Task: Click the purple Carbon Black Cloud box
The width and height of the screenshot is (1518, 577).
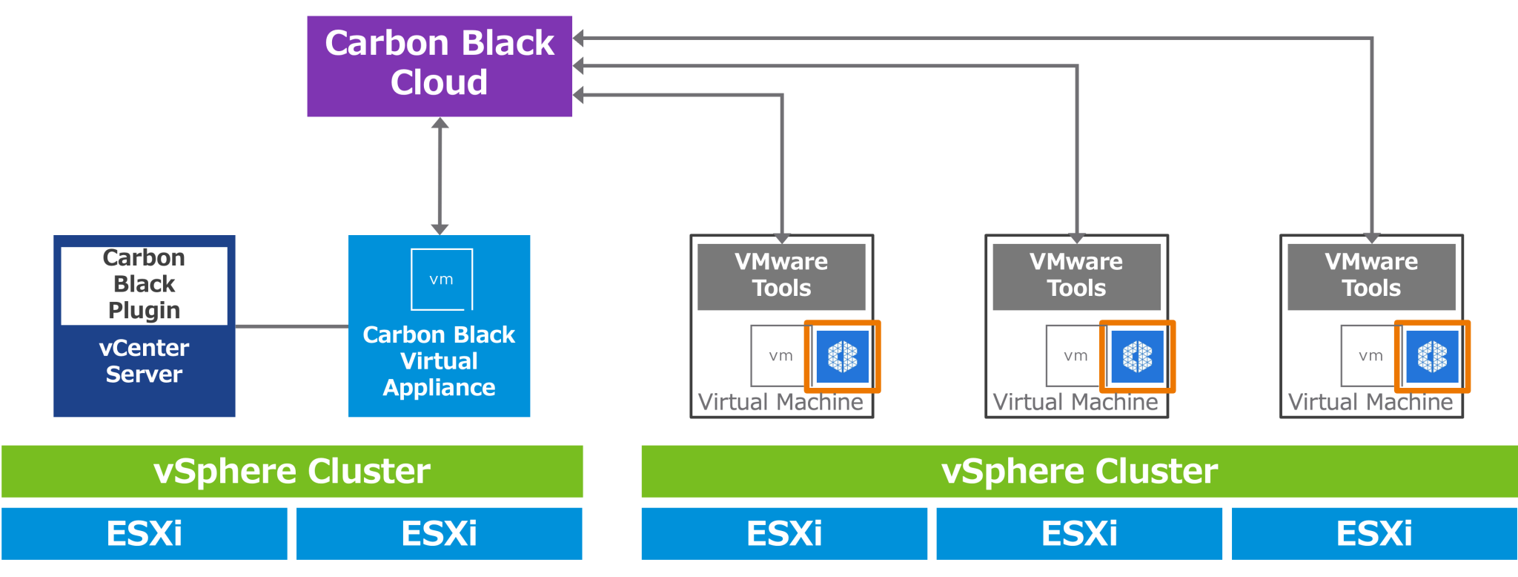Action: (440, 66)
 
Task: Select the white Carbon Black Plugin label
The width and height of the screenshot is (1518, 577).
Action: (144, 285)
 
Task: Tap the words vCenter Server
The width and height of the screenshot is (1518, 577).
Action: (144, 361)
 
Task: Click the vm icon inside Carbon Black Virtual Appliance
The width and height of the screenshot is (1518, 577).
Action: (442, 280)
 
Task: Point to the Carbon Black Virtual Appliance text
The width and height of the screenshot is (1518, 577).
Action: (439, 361)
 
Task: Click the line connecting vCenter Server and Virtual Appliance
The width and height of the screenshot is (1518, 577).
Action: (292, 326)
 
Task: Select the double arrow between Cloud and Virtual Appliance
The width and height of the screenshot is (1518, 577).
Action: (440, 176)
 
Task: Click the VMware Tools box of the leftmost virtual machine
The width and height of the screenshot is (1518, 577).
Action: (781, 276)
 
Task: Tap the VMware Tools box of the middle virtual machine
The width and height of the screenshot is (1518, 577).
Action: (1076, 276)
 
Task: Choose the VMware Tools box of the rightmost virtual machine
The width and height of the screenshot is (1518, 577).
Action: (1371, 276)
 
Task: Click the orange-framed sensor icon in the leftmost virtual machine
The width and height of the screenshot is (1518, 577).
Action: (843, 357)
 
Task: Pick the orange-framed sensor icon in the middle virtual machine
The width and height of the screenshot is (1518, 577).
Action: (1138, 357)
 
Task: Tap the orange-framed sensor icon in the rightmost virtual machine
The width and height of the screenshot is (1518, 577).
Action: (1433, 357)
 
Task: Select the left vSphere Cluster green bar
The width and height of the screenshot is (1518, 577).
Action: (292, 471)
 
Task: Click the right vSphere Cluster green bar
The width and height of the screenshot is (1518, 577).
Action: (1079, 471)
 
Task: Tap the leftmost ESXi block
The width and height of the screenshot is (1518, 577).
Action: (145, 533)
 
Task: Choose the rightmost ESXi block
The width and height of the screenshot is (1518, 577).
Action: (1374, 533)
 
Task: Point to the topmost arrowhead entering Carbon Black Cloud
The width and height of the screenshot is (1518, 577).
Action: (580, 38)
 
